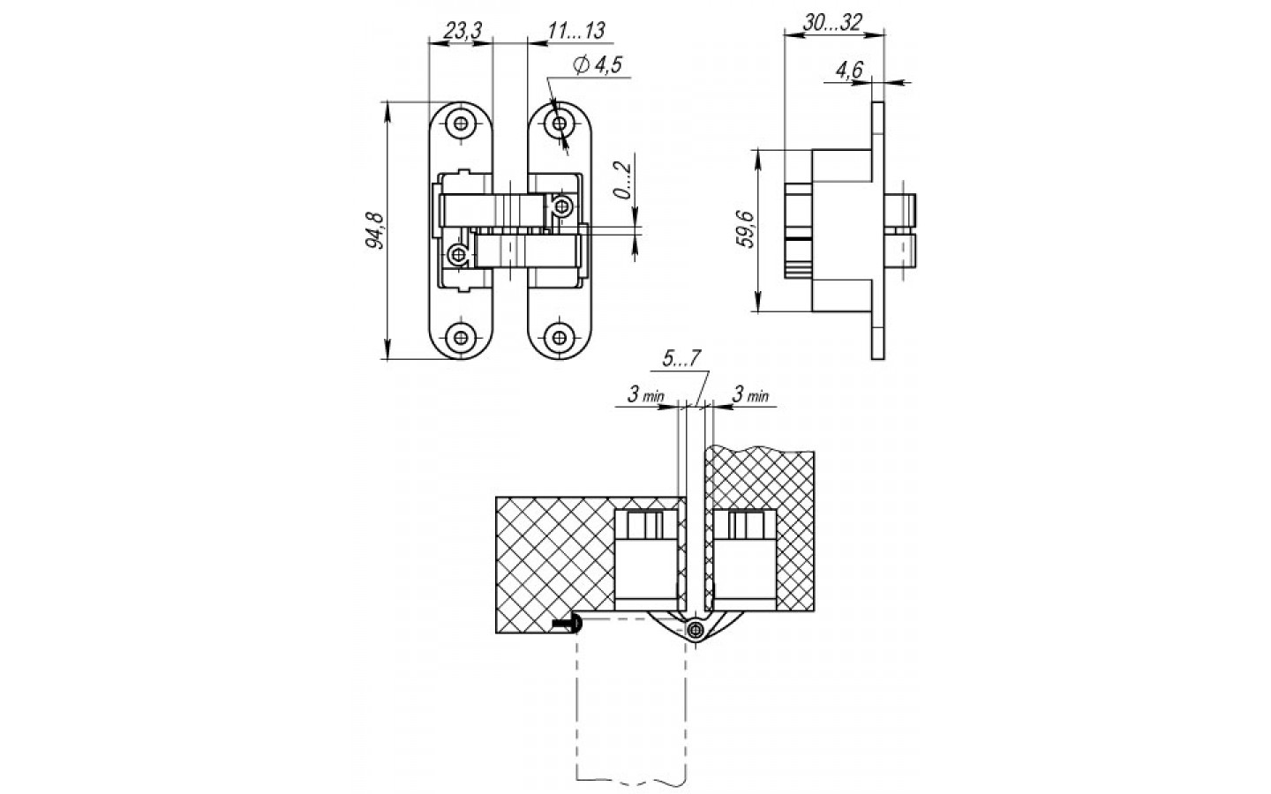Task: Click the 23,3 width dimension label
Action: click(x=462, y=31)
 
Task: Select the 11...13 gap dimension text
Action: click(x=576, y=30)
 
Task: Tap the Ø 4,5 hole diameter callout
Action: click(x=598, y=65)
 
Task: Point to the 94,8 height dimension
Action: click(x=374, y=230)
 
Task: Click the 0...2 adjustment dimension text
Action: click(x=622, y=180)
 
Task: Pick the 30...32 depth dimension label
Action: click(x=831, y=23)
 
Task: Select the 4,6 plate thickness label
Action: click(x=849, y=71)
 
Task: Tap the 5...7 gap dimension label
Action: click(x=681, y=358)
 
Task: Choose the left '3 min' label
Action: click(x=645, y=394)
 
